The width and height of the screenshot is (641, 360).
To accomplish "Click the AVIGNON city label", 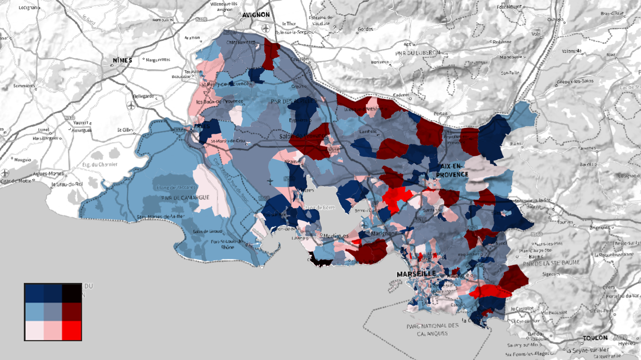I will [x=256, y=15].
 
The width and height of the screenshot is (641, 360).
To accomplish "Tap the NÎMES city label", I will [x=122, y=61].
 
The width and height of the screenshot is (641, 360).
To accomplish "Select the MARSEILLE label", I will [x=416, y=274].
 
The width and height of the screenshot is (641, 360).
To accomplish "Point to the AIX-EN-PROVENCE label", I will [x=452, y=171].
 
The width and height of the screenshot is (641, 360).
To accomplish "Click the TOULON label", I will [x=595, y=338].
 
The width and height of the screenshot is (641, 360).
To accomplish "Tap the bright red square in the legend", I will [x=72, y=330].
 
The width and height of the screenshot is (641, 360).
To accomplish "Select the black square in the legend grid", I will [x=72, y=293].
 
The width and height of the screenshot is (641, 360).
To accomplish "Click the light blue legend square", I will [x=34, y=311].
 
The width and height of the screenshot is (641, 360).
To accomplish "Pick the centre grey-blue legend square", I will [x=53, y=311].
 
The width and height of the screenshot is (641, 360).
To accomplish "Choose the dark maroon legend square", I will [x=72, y=311].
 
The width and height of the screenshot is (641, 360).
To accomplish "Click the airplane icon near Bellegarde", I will [x=132, y=105].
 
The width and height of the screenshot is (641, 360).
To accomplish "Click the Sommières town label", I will [x=24, y=86].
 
